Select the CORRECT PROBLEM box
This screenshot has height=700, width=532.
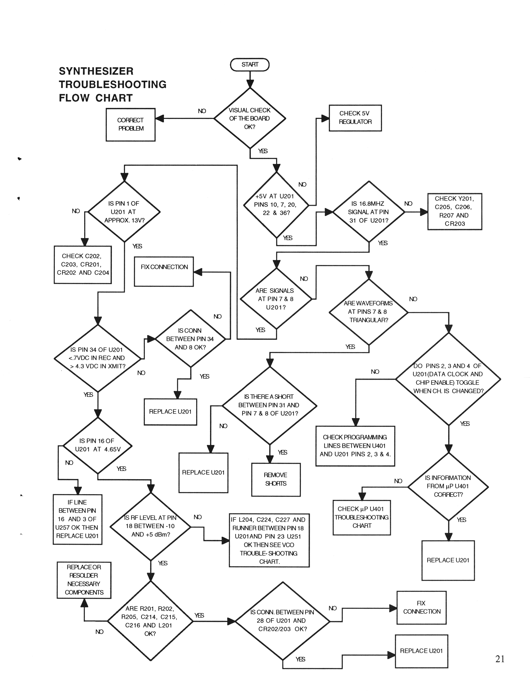click(x=130, y=124)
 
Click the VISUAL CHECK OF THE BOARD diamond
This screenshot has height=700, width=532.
click(x=249, y=118)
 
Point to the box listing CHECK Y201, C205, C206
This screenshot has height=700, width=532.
click(x=454, y=211)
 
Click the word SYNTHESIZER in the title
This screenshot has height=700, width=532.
click(x=96, y=71)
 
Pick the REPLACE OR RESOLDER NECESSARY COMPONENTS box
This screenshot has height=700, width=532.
click(x=84, y=580)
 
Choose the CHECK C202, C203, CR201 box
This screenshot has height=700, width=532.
click(x=83, y=265)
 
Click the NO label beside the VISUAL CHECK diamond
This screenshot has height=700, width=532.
click(x=202, y=111)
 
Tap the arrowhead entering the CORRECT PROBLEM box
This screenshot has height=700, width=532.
click(x=159, y=118)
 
